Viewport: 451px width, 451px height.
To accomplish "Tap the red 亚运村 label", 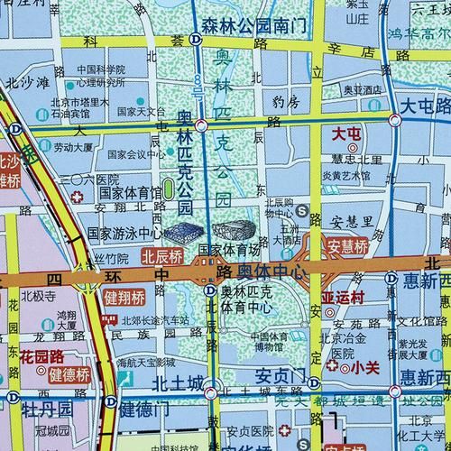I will pos(342,296).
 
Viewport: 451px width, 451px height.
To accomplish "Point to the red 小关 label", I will pos(365,367).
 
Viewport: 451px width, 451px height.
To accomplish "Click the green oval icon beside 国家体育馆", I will pos(169,190).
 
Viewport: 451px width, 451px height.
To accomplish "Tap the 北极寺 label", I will pos(39,295).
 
